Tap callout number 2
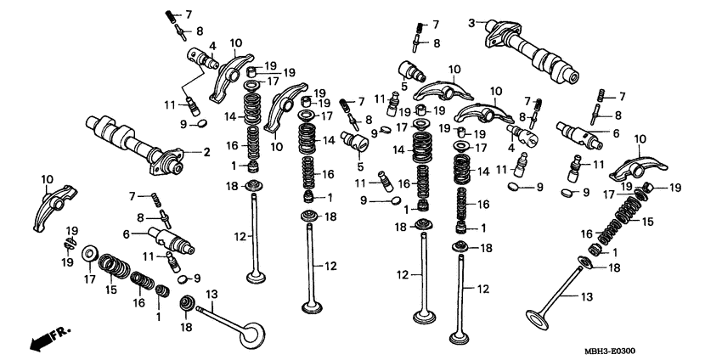coord(206,153)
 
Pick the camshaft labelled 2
coord(136,144)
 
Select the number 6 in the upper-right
coord(616,133)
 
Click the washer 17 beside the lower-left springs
coord(89,255)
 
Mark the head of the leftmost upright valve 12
coord(254,276)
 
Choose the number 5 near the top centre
coord(403,86)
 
